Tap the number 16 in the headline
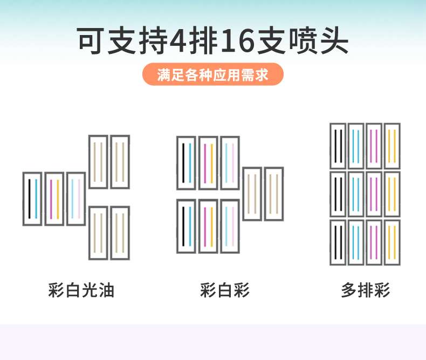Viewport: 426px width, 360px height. coord(237,41)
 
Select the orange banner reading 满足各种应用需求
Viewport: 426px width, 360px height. coord(213,74)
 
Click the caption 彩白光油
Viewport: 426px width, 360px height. coord(81,290)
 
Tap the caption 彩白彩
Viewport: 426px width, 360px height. coord(225,290)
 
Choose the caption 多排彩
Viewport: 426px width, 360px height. coord(366,290)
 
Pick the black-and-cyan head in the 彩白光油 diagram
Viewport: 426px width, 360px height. coord(32,199)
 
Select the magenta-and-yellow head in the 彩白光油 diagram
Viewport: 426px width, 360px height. coord(54,199)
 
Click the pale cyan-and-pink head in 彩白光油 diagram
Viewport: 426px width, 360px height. coord(76,199)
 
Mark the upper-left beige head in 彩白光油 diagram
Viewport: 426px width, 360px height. coord(98,162)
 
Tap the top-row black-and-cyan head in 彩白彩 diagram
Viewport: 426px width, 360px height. coord(187,163)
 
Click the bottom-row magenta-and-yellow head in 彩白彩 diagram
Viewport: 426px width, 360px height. coord(208,226)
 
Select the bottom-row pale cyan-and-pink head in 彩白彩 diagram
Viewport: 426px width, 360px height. coord(230,226)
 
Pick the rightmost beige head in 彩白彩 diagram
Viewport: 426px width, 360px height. coord(274,194)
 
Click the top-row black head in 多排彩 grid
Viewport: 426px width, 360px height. coord(338,147)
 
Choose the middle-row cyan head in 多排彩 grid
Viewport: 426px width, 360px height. coord(356,194)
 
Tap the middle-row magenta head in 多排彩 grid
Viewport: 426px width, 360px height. coord(374,194)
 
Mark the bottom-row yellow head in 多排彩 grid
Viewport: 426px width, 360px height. coord(393,243)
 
